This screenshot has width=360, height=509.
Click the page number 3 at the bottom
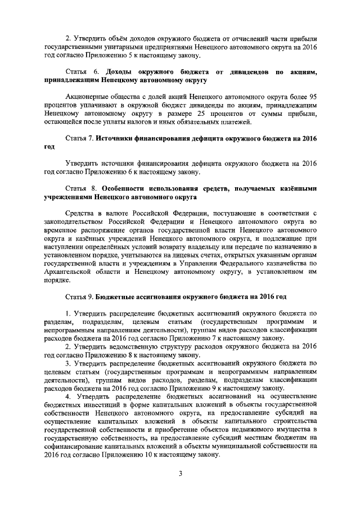180,473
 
